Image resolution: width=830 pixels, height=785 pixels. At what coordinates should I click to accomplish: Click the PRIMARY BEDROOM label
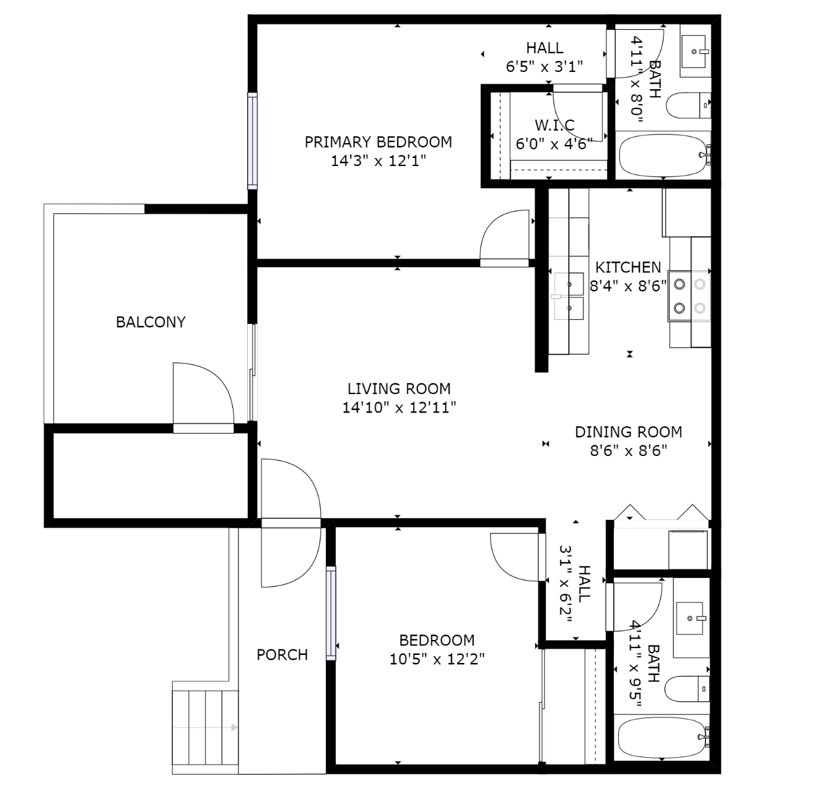(378, 142)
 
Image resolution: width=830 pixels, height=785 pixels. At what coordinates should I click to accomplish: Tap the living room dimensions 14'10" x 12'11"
(399, 408)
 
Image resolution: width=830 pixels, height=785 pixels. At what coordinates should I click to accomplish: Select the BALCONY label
(151, 322)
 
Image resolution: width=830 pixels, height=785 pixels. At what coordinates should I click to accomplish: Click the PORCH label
(282, 655)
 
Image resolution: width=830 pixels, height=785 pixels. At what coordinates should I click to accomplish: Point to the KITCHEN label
(628, 268)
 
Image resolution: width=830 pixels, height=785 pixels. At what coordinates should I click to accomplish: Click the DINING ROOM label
(628, 432)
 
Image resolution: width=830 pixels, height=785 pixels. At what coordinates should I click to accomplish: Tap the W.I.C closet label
(554, 126)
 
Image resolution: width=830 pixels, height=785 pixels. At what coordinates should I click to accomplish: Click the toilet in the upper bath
(688, 106)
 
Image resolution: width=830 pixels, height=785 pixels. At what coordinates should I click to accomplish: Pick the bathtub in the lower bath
(662, 737)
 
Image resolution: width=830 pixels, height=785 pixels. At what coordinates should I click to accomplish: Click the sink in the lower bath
(690, 618)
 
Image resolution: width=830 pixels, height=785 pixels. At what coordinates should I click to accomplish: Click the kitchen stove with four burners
(689, 296)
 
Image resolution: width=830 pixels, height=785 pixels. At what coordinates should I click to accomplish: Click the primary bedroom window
(252, 141)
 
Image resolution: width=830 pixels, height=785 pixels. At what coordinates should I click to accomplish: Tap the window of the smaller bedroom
(331, 613)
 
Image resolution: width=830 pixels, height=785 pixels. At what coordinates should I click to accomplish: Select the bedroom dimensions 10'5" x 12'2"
(437, 659)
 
